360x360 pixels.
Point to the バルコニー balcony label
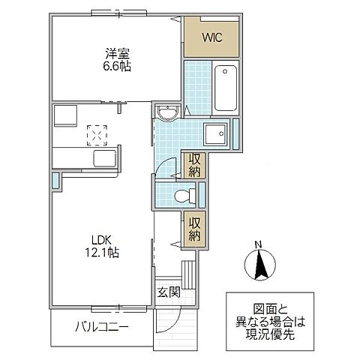[x=101, y=328]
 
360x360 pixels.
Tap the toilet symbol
[x=181, y=196]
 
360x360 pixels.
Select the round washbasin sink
[x=166, y=114]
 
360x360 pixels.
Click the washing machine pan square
[x=217, y=135]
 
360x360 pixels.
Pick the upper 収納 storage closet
[x=194, y=164]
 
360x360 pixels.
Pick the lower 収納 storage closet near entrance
[x=194, y=227]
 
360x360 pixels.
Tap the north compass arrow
[x=257, y=265]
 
